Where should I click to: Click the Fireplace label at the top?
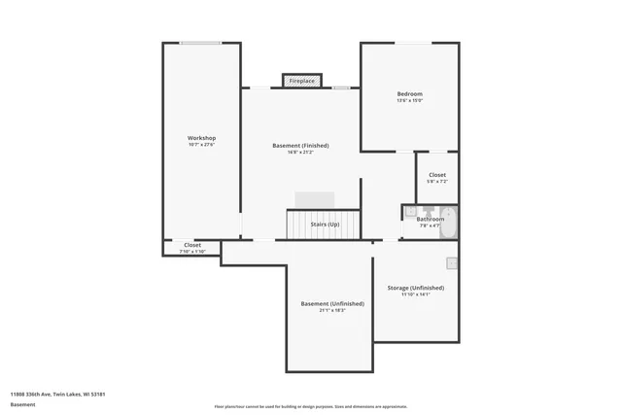point(301,81)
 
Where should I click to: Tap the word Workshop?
point(201,138)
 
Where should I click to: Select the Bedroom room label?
point(409,94)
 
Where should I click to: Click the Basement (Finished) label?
point(300,145)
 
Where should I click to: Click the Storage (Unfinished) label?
point(415,288)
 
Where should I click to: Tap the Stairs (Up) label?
point(325,225)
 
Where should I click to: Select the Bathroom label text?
point(431,219)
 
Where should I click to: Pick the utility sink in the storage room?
point(452,262)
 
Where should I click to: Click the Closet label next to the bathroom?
point(437,175)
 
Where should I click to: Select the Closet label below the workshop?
point(192,245)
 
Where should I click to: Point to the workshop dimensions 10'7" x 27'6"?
point(201,145)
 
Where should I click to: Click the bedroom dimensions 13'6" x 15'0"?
point(409,101)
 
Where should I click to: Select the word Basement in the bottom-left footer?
point(22,404)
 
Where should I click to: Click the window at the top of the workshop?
point(200,43)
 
